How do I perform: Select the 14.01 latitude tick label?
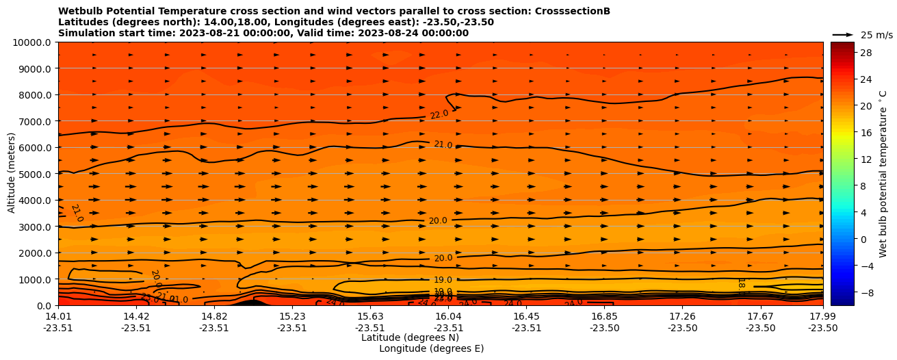coord(58,316)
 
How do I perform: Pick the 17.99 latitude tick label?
coord(822,316)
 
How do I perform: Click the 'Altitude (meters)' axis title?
coord(12,174)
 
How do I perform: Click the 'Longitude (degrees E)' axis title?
coord(431,348)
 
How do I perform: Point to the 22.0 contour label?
coord(439,114)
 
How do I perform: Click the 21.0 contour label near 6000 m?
coord(443,145)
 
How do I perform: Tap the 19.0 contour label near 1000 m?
coord(443,280)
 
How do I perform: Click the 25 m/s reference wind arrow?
coord(842,35)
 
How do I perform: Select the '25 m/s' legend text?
coord(876,35)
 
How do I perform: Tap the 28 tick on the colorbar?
coord(864,53)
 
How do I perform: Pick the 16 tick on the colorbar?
coord(864,133)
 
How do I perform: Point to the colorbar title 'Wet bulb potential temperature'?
coord(883,174)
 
